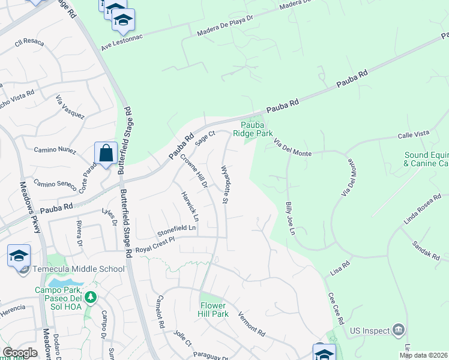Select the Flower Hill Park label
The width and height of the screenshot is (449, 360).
(214, 310)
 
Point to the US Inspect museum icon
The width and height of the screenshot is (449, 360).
(398, 329)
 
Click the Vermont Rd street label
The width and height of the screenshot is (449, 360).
(252, 323)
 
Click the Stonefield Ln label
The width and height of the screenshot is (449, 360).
(176, 229)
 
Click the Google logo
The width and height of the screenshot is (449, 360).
(19, 352)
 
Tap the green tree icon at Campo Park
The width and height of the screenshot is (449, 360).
(90, 296)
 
